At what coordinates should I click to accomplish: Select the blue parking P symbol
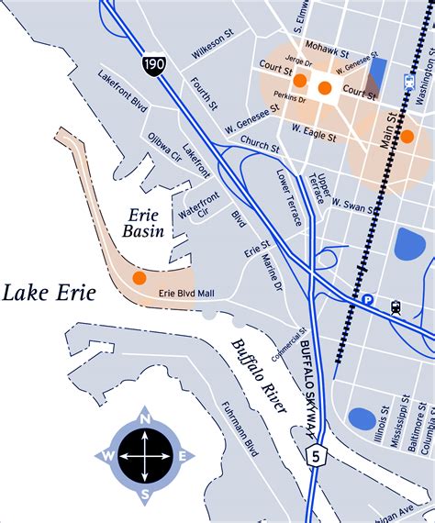click(367, 299)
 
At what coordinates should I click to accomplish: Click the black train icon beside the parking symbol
click(396, 307)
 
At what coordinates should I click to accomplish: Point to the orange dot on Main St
click(407, 136)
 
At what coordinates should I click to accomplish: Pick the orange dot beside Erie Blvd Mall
click(139, 277)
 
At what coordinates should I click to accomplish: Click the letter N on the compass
click(145, 418)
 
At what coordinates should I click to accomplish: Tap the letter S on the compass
click(145, 494)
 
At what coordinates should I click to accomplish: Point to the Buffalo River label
click(254, 375)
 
